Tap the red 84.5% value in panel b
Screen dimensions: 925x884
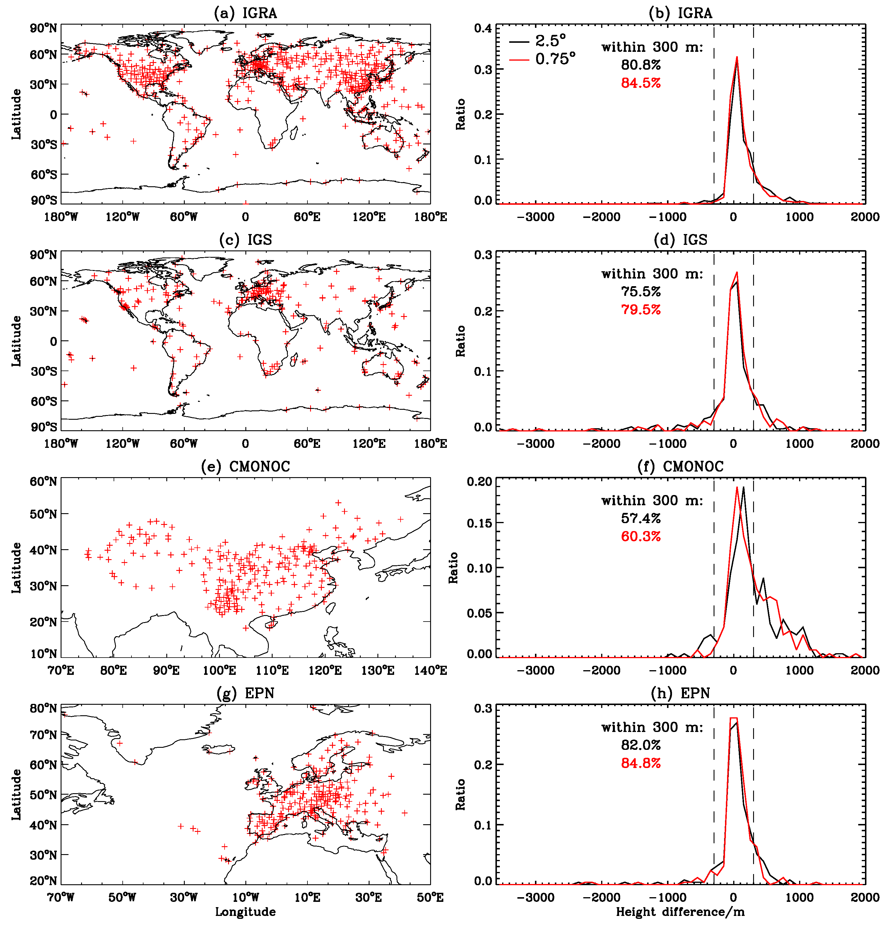[641, 83]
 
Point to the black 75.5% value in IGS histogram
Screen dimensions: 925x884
[641, 292]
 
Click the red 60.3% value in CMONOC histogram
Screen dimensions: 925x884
[641, 537]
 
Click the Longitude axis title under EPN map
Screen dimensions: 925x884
[245, 912]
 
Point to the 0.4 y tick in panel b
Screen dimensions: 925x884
[483, 28]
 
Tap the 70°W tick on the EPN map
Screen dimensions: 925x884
[61, 897]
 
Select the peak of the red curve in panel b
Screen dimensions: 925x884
[737, 57]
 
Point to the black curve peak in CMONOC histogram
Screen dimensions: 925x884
[743, 487]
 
